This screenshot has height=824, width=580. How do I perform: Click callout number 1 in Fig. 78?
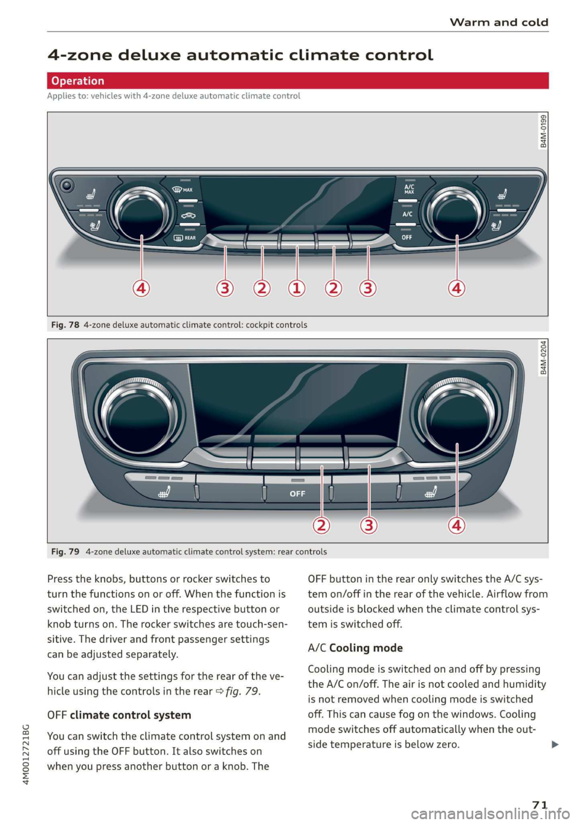pos(297,288)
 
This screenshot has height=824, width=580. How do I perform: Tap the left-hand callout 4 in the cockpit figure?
pos(141,288)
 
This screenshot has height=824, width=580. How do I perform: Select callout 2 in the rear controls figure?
pos(321,525)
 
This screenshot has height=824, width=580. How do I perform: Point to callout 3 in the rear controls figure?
pos(369,525)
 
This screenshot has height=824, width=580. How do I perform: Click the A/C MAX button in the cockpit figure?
pos(409,189)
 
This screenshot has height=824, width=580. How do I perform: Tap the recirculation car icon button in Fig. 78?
pos(188,215)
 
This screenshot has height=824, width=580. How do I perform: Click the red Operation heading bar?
pos(297,81)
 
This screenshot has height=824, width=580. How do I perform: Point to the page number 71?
pos(540,805)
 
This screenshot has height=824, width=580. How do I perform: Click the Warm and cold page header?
pos(498,22)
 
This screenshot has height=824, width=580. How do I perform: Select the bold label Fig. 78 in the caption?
pos(65,325)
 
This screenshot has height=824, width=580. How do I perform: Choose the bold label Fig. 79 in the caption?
pos(65,552)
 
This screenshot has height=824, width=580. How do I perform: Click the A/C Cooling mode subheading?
pos(355,648)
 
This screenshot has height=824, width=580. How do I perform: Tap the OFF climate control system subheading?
pos(119,715)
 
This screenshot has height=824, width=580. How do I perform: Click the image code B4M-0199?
pos(543,131)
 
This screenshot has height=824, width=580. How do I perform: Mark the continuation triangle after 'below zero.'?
pos(555,745)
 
